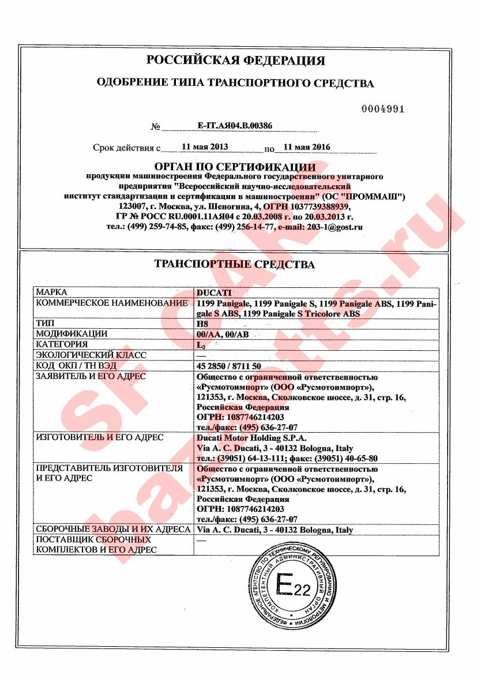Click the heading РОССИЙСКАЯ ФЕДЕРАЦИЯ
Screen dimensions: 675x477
click(235, 61)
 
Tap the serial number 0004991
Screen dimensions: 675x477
click(383, 109)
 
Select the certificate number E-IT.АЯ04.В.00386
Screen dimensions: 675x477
click(235, 125)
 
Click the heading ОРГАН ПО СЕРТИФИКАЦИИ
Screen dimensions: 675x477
click(235, 167)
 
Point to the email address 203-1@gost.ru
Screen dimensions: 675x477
click(334, 227)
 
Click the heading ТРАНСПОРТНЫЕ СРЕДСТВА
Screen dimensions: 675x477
click(235, 265)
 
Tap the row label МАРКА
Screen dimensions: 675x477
click(52, 292)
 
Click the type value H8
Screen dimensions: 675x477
click(201, 324)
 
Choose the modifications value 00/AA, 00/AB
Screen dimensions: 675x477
click(223, 334)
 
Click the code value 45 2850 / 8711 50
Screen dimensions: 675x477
click(229, 366)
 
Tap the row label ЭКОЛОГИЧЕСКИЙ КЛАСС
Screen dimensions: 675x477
click(91, 355)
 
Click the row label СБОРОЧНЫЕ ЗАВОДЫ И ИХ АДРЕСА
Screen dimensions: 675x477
click(113, 529)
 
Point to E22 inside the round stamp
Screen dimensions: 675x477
click(293, 587)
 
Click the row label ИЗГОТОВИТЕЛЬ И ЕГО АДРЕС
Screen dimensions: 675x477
click(100, 437)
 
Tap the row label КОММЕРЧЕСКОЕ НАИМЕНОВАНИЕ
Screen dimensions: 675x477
click(112, 303)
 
